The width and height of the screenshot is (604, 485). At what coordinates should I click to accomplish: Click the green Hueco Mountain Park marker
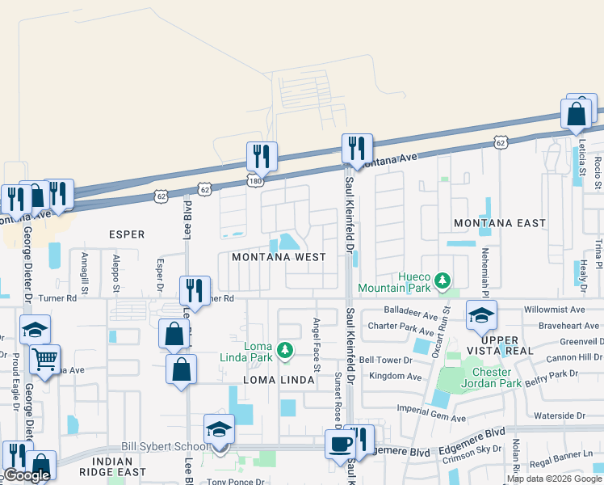click(442, 280)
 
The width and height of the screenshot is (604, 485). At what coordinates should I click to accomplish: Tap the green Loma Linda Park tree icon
click(283, 350)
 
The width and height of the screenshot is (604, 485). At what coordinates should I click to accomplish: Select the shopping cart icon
click(45, 358)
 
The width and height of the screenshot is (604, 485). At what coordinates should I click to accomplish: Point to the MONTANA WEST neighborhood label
click(279, 257)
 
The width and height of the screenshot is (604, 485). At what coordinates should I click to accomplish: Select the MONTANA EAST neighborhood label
click(499, 222)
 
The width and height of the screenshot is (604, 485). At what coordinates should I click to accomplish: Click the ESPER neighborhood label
click(127, 234)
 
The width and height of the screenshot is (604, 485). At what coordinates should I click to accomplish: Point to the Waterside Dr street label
click(559, 415)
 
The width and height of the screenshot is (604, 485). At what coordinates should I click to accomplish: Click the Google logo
click(27, 476)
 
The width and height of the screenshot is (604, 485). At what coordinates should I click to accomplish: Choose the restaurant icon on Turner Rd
click(195, 290)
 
